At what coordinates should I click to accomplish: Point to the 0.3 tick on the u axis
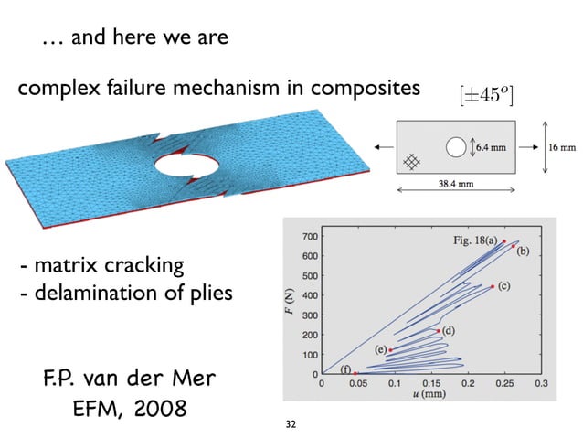tap(542, 385)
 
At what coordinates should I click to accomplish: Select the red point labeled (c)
tap(493, 286)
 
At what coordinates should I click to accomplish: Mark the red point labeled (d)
tap(440, 331)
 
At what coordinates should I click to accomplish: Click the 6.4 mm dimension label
tap(494, 144)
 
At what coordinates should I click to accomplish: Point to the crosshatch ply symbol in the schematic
tap(413, 160)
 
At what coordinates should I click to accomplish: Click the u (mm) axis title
tap(429, 398)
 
